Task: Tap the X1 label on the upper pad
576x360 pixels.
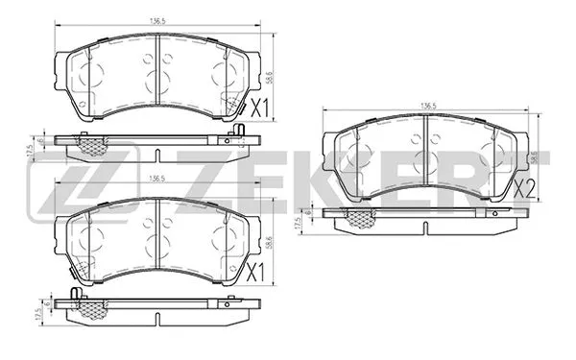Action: pos(260,108)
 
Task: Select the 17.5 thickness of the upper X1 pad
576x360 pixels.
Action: pos(30,151)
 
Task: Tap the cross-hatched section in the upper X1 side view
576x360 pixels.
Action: pos(92,145)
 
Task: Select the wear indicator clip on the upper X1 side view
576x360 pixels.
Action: pos(84,133)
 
